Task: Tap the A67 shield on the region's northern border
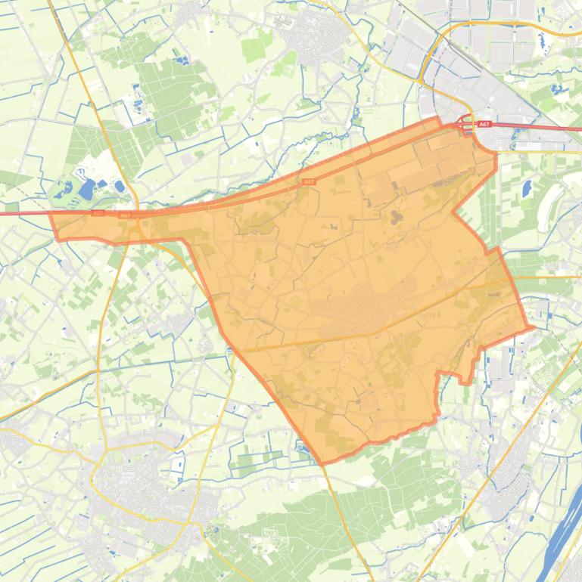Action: click(x=308, y=182)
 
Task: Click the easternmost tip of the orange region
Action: click(x=534, y=328)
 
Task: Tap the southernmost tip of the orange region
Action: click(x=325, y=463)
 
